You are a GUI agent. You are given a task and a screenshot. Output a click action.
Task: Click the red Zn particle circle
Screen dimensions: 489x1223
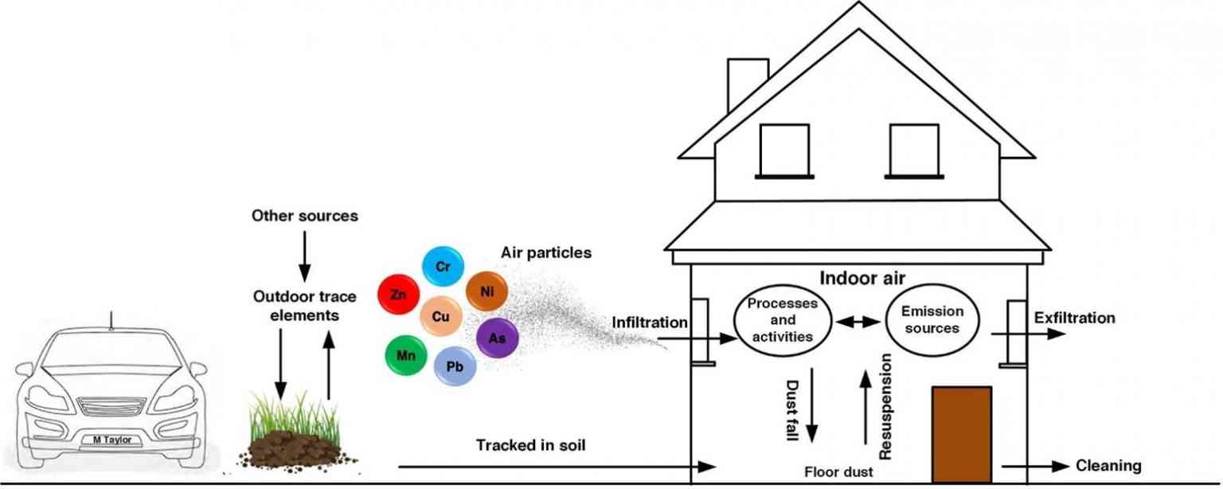click(399, 295)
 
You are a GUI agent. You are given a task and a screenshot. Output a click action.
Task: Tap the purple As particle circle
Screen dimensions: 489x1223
click(498, 338)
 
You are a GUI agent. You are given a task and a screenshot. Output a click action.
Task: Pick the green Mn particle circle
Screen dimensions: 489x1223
click(406, 356)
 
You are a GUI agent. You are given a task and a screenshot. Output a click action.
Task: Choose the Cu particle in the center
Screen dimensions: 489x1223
click(440, 315)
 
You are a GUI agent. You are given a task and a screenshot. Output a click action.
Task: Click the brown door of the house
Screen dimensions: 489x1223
click(961, 434)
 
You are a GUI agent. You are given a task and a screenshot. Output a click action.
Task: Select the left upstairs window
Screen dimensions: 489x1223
click(783, 150)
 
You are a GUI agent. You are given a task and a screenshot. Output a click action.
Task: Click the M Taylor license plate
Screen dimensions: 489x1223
click(111, 439)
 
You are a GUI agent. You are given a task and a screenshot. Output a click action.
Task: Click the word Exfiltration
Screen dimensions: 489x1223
click(1074, 318)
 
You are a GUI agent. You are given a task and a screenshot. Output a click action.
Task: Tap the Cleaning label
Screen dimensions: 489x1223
click(1108, 466)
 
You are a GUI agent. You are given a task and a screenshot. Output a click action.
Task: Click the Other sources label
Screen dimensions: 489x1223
click(304, 216)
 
